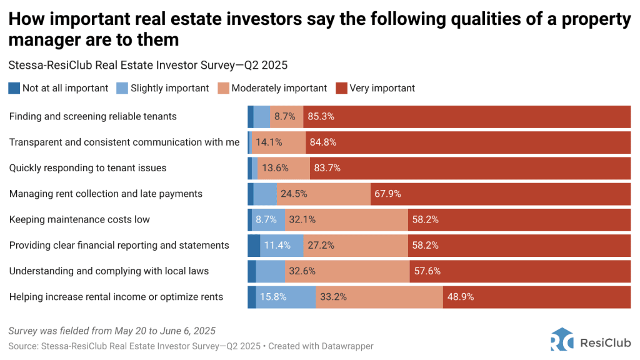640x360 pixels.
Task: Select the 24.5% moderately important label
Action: pyautogui.click(x=294, y=194)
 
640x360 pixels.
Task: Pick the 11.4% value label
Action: pyautogui.click(x=277, y=245)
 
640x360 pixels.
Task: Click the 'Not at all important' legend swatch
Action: pyautogui.click(x=14, y=88)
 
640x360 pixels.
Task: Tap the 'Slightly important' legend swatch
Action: pyautogui.click(x=122, y=88)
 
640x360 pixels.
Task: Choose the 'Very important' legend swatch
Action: pyautogui.click(x=341, y=88)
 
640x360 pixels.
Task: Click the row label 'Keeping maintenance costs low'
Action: pyautogui.click(x=79, y=219)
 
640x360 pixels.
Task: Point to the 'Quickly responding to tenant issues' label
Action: pyautogui.click(x=87, y=168)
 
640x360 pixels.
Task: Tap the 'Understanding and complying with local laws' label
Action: pyautogui.click(x=109, y=271)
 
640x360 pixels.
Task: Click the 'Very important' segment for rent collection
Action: pyautogui.click(x=500, y=194)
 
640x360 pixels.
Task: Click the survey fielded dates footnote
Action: pyautogui.click(x=112, y=331)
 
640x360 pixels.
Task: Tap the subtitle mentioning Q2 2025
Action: pyautogui.click(x=148, y=64)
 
